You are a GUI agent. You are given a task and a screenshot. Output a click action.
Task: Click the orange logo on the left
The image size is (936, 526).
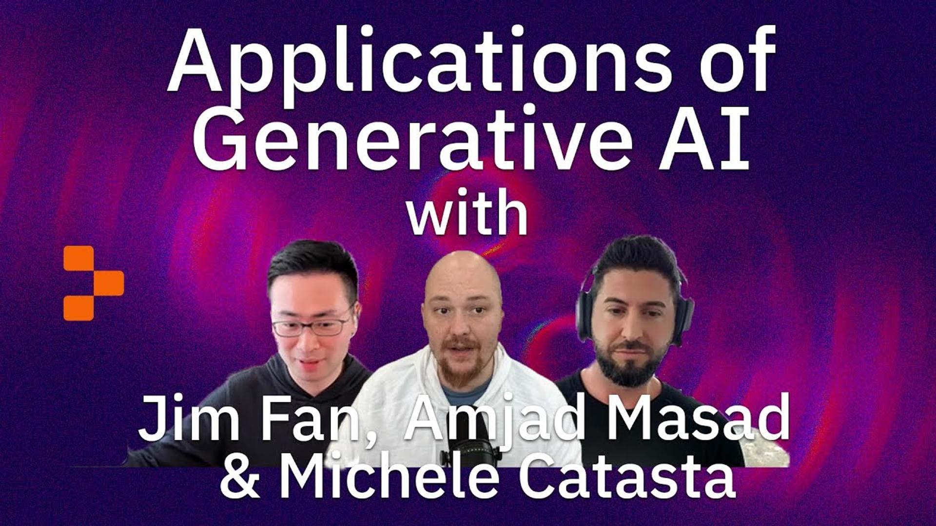click(x=93, y=283)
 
